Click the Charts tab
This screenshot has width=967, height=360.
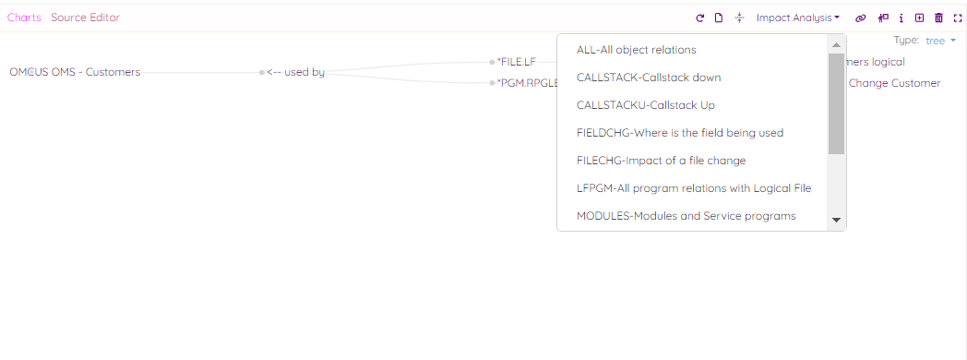tap(24, 18)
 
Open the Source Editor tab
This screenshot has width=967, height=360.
tap(85, 18)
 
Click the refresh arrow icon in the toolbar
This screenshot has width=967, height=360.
tap(700, 18)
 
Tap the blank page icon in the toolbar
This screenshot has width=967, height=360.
tap(719, 18)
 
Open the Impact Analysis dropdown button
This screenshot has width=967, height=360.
tap(797, 18)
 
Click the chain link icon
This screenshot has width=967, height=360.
tap(861, 18)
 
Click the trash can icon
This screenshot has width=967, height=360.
tap(938, 18)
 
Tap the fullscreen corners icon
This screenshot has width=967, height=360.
tap(957, 18)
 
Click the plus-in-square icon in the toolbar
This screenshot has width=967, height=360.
tap(919, 18)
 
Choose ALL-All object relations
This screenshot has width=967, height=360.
tap(636, 50)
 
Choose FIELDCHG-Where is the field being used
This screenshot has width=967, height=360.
tap(679, 133)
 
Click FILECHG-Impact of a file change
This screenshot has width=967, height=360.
tap(661, 161)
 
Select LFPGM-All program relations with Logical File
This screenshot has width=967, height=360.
tap(693, 188)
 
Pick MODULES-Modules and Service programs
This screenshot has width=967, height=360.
tap(686, 216)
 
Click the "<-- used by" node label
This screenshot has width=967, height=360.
tap(295, 72)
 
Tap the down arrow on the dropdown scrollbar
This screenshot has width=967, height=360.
tap(837, 220)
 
